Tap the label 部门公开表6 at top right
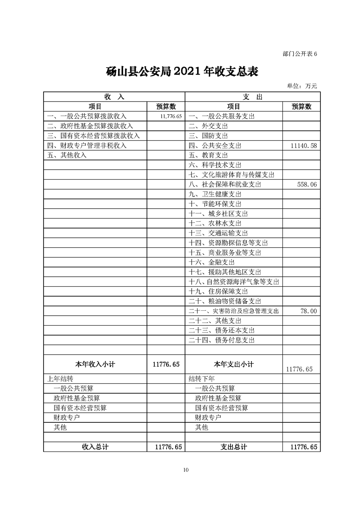click(x=299, y=54)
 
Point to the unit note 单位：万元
click(x=302, y=86)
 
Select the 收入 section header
click(x=114, y=97)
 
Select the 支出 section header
click(x=253, y=97)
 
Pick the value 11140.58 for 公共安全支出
click(x=301, y=146)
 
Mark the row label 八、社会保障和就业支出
click(x=225, y=185)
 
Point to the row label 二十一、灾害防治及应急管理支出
click(x=233, y=311)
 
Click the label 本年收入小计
click(x=94, y=364)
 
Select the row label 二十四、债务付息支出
click(x=222, y=340)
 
